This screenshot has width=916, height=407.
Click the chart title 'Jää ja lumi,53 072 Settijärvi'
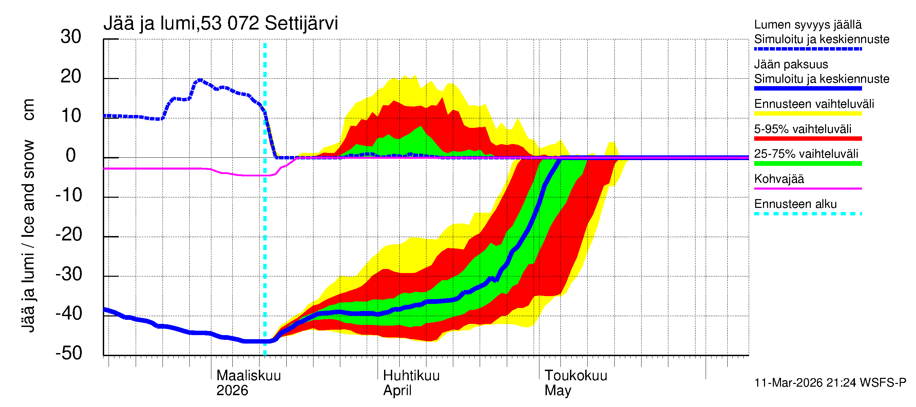[221, 23]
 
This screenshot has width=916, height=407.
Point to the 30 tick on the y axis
[71, 37]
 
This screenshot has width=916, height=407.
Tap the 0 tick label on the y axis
[71, 155]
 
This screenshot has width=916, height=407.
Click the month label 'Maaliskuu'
[249, 375]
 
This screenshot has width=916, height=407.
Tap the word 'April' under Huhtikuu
[397, 391]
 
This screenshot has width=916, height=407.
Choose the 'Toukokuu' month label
[576, 375]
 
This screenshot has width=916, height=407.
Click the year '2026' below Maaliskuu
[232, 391]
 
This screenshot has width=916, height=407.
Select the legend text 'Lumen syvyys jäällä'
[808, 24]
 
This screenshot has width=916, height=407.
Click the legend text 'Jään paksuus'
[791, 64]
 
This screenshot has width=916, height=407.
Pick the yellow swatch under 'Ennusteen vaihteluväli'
[808, 114]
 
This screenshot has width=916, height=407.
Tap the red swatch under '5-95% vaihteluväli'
[808, 139]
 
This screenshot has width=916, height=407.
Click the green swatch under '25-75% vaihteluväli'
[808, 163]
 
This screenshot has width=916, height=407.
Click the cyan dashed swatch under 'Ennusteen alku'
[808, 214]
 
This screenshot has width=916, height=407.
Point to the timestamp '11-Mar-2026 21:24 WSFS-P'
[830, 383]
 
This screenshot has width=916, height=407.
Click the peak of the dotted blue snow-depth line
[200, 80]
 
